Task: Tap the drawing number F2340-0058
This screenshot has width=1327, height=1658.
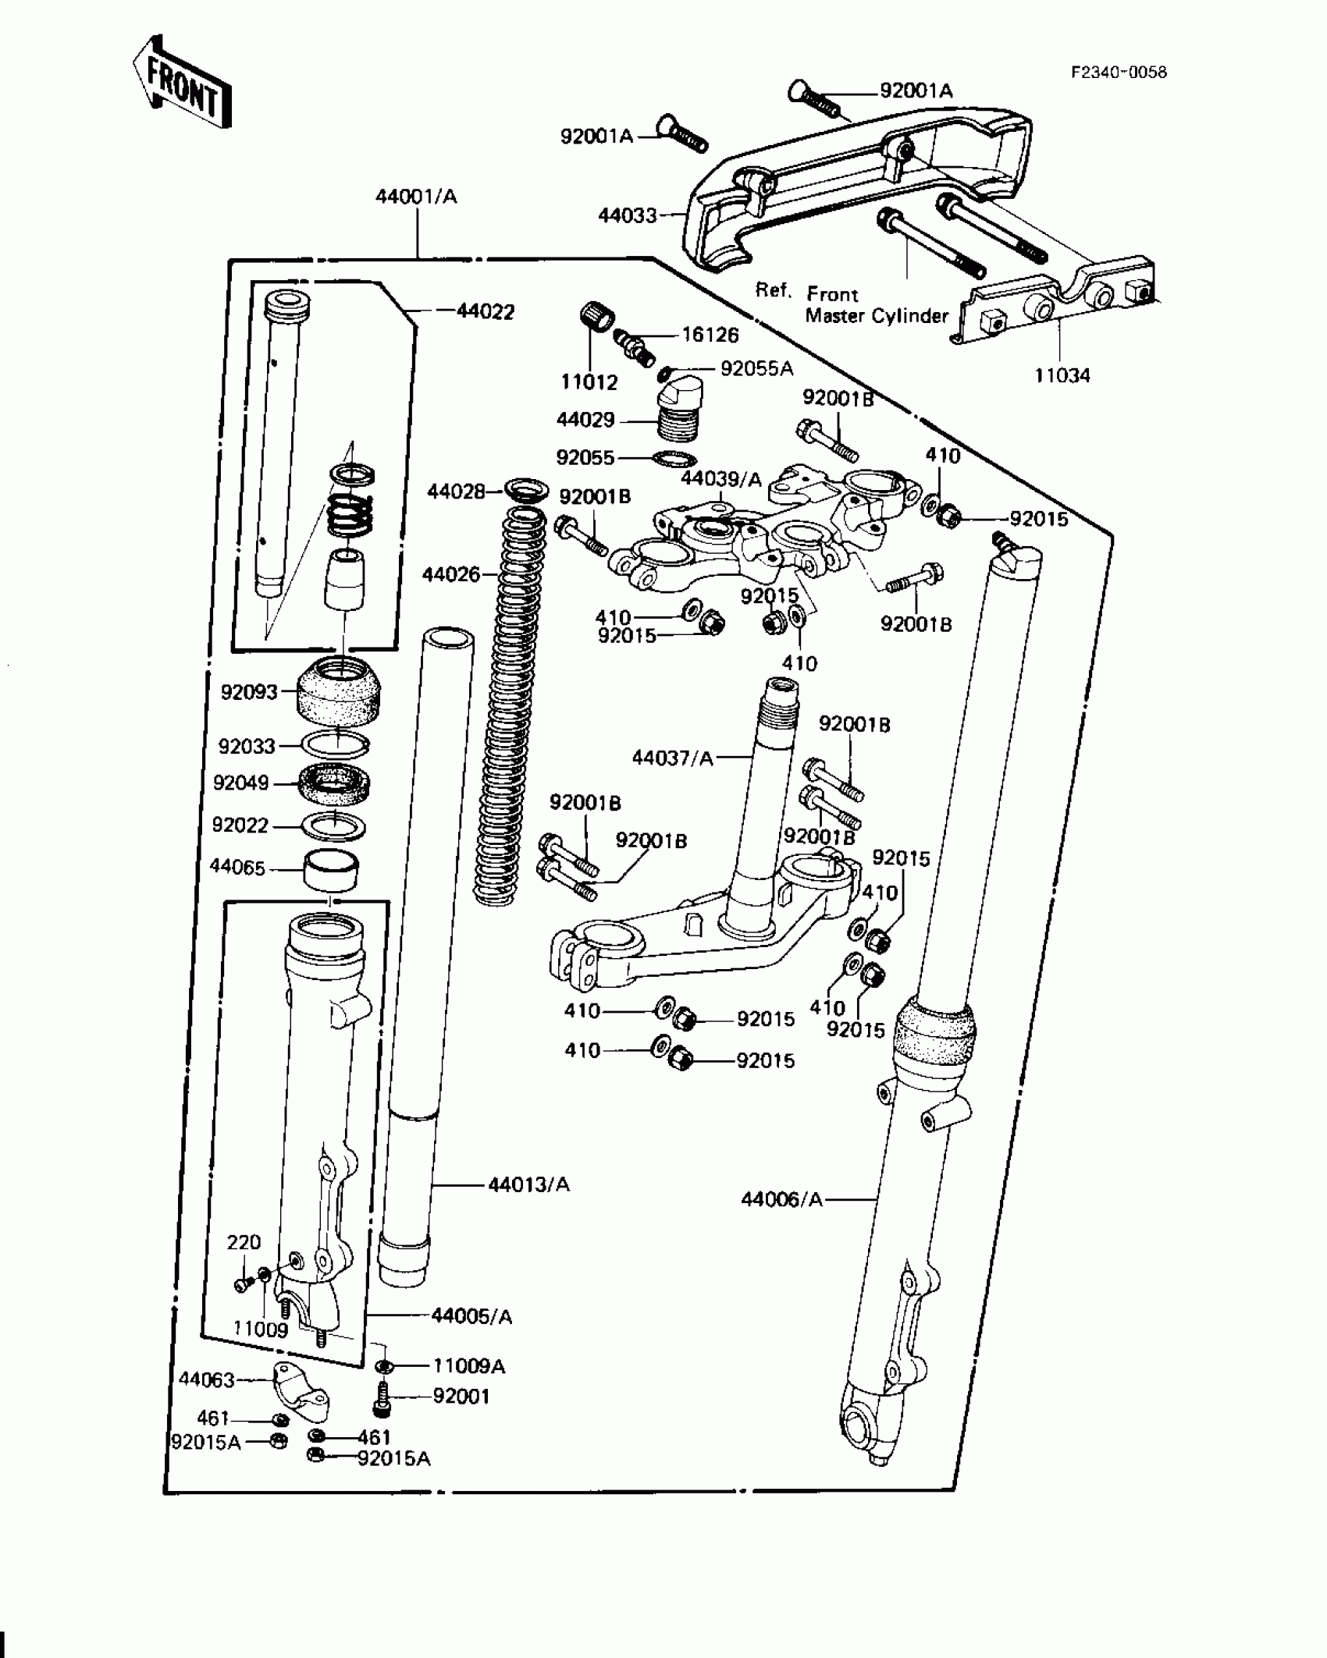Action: coord(1119,73)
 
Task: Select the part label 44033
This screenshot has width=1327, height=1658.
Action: coord(628,215)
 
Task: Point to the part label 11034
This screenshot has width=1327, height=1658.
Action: coord(1062,376)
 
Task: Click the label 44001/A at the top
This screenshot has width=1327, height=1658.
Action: coord(416,197)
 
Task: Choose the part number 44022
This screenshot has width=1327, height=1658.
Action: coord(486,312)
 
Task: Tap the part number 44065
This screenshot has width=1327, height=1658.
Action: coord(237,868)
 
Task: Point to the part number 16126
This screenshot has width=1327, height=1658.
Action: coord(710,336)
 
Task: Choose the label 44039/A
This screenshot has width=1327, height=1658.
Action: coord(720,479)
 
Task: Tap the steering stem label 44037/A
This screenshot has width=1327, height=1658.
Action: coord(672,758)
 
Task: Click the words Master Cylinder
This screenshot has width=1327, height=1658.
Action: coord(876,316)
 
